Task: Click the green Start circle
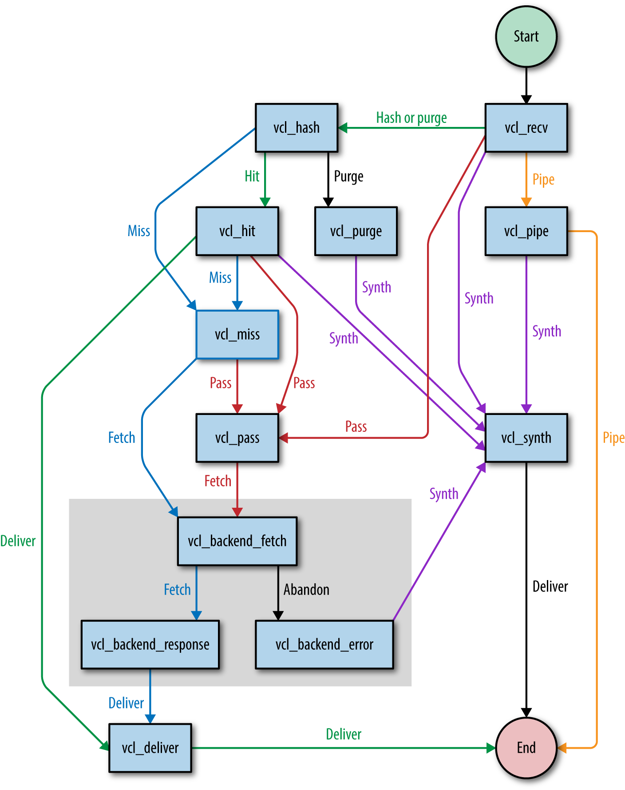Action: click(526, 36)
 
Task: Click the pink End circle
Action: click(526, 748)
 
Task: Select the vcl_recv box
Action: click(526, 128)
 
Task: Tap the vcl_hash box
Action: click(297, 128)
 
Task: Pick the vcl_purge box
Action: click(356, 231)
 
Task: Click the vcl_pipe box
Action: click(526, 231)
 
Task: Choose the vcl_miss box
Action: click(237, 334)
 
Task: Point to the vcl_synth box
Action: click(526, 438)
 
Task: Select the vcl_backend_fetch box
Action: click(237, 541)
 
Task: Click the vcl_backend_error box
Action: click(324, 644)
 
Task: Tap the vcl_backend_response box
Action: click(150, 644)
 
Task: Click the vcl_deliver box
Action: click(150, 748)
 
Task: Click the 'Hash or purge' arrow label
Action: click(411, 118)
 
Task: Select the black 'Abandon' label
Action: click(306, 589)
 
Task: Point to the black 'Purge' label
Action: click(348, 176)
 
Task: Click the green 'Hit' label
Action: click(252, 176)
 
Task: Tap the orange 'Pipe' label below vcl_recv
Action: click(543, 180)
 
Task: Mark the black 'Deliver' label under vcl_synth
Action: click(550, 586)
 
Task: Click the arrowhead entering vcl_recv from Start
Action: click(526, 99)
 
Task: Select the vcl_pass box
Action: click(237, 438)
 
